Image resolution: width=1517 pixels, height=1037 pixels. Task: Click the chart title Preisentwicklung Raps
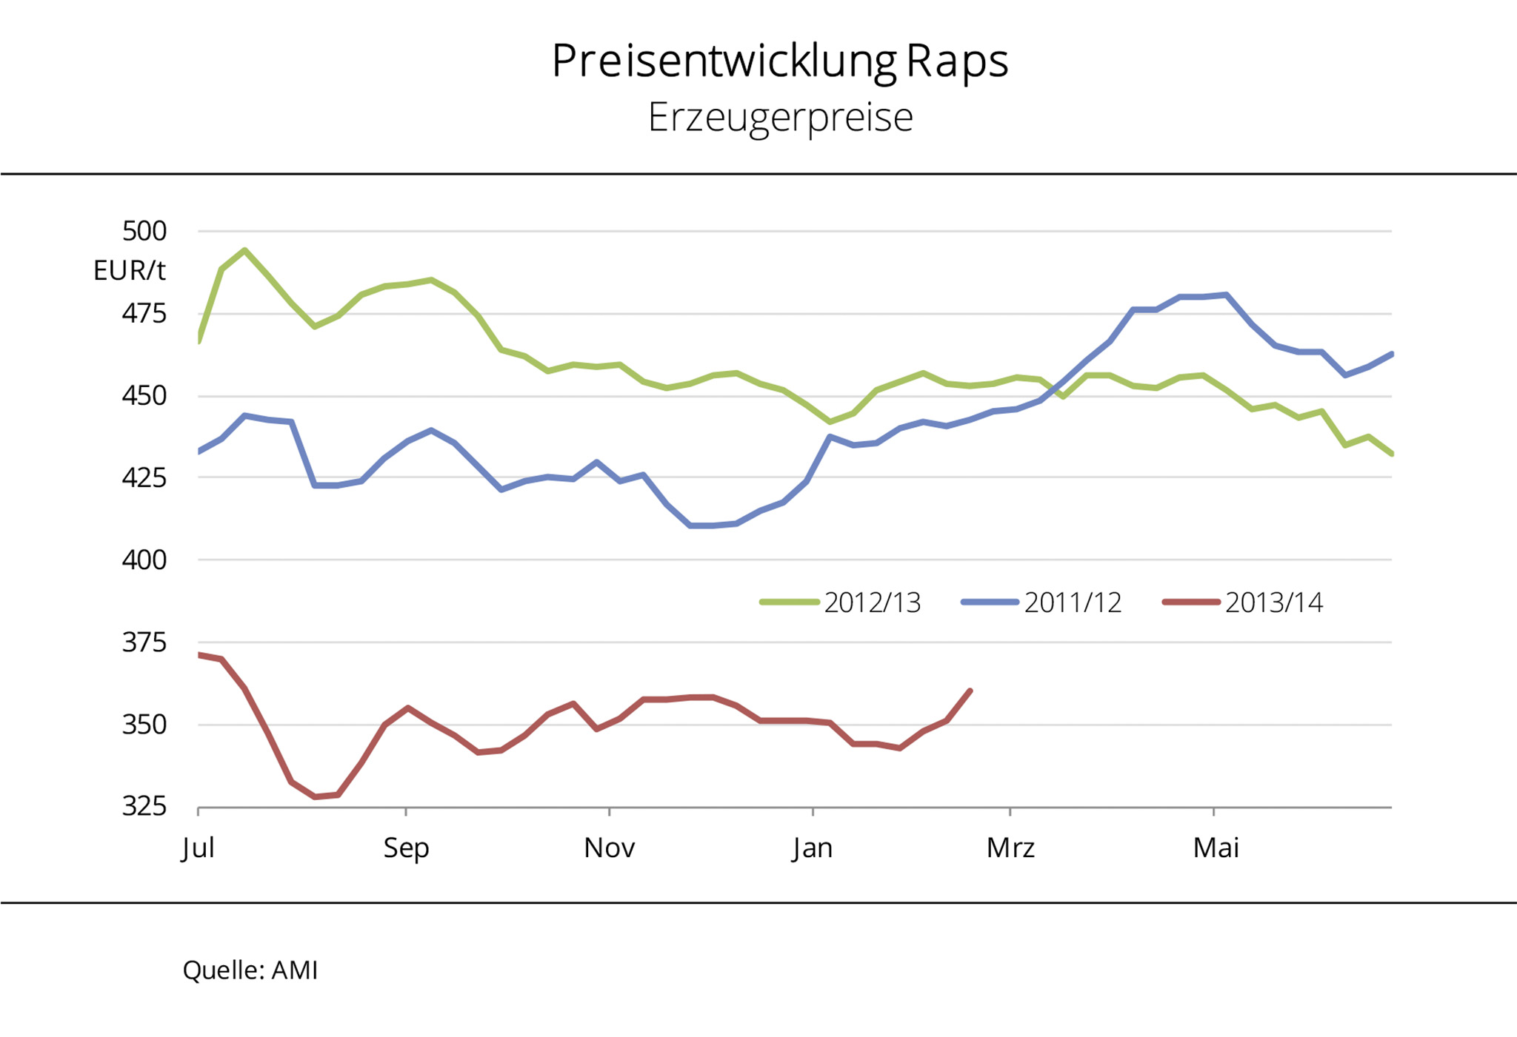click(779, 61)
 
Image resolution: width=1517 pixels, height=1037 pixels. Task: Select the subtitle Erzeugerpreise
click(780, 118)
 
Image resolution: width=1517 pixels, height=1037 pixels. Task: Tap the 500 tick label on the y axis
click(144, 231)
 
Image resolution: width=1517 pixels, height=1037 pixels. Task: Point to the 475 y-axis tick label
click(144, 313)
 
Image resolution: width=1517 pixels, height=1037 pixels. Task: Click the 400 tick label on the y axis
click(144, 560)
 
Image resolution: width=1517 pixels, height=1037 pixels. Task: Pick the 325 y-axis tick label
click(144, 806)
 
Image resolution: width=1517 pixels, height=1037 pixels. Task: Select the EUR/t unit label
click(129, 271)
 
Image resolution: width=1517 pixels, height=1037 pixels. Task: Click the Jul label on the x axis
click(198, 848)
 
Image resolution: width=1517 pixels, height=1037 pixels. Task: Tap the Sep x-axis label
click(406, 848)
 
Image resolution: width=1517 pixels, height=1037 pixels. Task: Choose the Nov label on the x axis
click(609, 848)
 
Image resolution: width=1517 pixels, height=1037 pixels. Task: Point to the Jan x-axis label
click(813, 848)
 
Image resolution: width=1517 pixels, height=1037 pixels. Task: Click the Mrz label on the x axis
click(1010, 848)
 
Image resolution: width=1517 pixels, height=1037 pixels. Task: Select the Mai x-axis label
click(1216, 848)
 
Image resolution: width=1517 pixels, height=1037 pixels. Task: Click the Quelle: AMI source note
click(250, 970)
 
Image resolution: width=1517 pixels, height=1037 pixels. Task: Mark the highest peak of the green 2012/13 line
click(244, 250)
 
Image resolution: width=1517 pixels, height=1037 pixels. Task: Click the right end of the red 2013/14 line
click(970, 691)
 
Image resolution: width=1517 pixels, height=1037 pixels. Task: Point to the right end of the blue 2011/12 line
click(1392, 354)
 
